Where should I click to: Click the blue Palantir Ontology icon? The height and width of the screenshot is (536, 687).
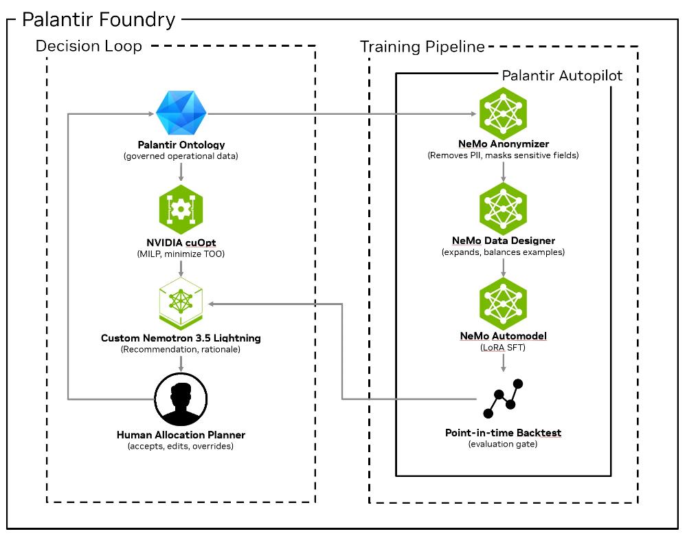(181, 113)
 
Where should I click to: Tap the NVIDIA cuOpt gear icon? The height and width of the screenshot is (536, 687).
(181, 209)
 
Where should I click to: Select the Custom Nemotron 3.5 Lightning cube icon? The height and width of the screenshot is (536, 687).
(181, 303)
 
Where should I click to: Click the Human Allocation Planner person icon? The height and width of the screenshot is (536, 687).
(181, 399)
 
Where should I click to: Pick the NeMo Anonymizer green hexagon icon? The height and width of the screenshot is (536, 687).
(503, 113)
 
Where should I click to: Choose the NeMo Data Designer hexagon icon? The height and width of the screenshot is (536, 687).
(503, 209)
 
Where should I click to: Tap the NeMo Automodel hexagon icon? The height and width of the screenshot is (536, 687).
(503, 304)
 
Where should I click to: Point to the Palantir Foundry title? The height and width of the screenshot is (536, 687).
(98, 20)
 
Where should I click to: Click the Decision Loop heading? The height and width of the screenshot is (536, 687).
(89, 46)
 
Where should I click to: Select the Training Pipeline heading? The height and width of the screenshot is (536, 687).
(423, 47)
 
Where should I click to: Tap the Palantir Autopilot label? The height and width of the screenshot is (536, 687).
(562, 76)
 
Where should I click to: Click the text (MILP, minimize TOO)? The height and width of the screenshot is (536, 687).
(181, 254)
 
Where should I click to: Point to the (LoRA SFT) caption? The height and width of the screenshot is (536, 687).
(503, 348)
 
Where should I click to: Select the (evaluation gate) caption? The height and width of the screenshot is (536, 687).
(503, 444)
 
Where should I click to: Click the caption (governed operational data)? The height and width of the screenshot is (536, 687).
(181, 156)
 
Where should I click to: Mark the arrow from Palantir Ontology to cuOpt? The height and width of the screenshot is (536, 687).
(181, 171)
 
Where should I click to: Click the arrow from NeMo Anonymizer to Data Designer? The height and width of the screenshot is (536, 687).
(503, 171)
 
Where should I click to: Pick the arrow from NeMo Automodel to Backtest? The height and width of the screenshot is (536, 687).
(503, 362)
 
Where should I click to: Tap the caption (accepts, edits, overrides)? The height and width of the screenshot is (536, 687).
(181, 446)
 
